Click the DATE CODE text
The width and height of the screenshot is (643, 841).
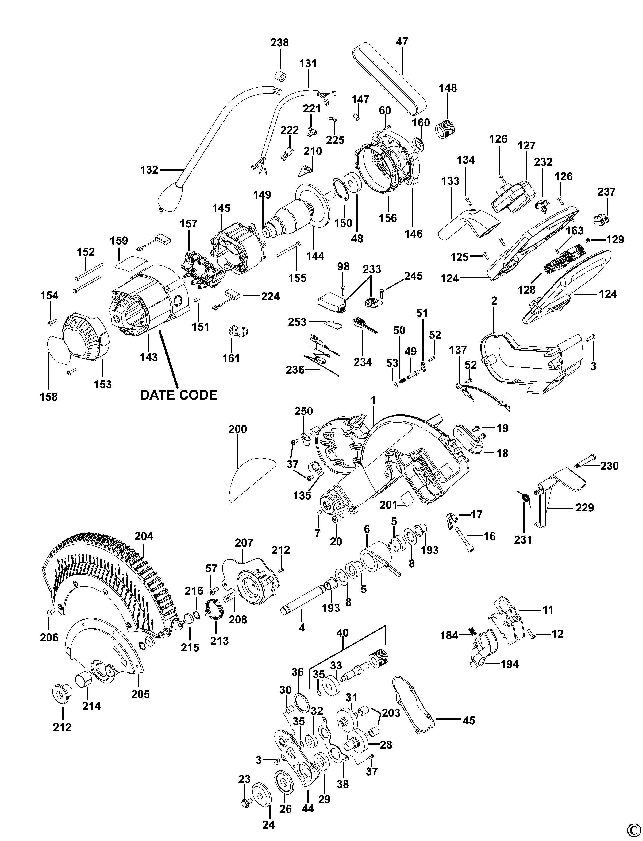[178, 394]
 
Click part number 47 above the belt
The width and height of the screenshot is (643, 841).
[402, 41]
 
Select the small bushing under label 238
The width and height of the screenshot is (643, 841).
[281, 76]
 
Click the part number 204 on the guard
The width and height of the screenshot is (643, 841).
[144, 536]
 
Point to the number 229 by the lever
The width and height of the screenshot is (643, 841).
[585, 508]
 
